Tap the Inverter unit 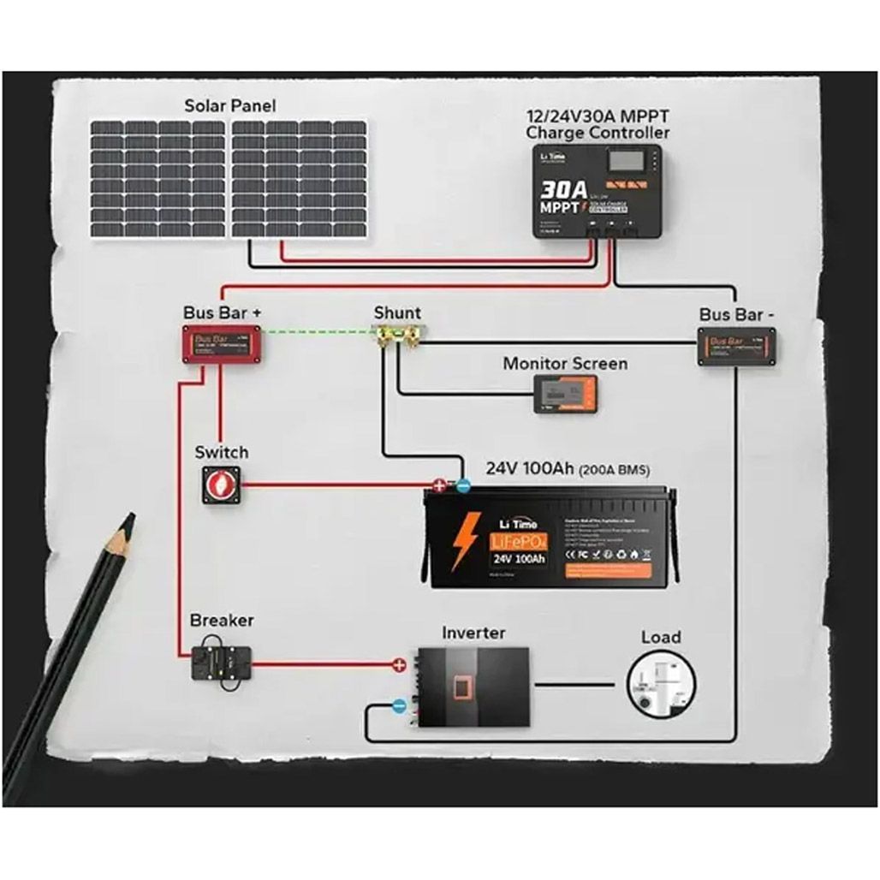472,687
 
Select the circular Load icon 661,684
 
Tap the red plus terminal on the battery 440,485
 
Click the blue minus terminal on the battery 462,485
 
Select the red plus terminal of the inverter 398,663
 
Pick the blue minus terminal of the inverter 398,706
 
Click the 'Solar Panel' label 230,106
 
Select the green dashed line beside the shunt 318,331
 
